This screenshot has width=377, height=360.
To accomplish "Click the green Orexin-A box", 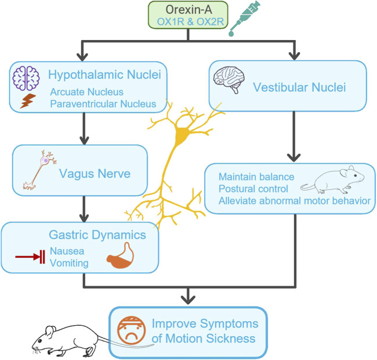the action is (188, 15).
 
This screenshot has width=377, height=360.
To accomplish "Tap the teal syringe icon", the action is (245, 18).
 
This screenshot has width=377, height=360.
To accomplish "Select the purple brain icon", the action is (26, 78).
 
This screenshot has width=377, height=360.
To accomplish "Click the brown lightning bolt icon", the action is (28, 101).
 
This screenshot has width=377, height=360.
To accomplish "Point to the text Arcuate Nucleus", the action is (87, 92).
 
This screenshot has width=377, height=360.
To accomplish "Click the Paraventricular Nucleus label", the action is (103, 104).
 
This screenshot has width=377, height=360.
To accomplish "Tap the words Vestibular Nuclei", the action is (299, 87).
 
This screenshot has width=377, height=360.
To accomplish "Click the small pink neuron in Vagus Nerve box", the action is (39, 170).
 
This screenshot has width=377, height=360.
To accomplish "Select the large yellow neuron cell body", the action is (182, 135).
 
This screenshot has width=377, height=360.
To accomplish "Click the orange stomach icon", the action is (121, 255).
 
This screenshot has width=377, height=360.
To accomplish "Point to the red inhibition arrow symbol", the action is (30, 257).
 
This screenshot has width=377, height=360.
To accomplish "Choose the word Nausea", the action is (67, 251).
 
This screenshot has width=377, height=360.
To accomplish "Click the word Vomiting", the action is (69, 263).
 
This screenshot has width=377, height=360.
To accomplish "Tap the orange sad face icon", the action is (132, 330).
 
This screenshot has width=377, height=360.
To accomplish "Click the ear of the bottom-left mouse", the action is (50, 332).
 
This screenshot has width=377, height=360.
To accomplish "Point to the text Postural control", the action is (253, 189).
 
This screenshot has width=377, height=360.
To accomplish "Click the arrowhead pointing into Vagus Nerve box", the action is (84, 141).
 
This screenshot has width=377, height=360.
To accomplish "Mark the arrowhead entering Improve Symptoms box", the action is (188, 300).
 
